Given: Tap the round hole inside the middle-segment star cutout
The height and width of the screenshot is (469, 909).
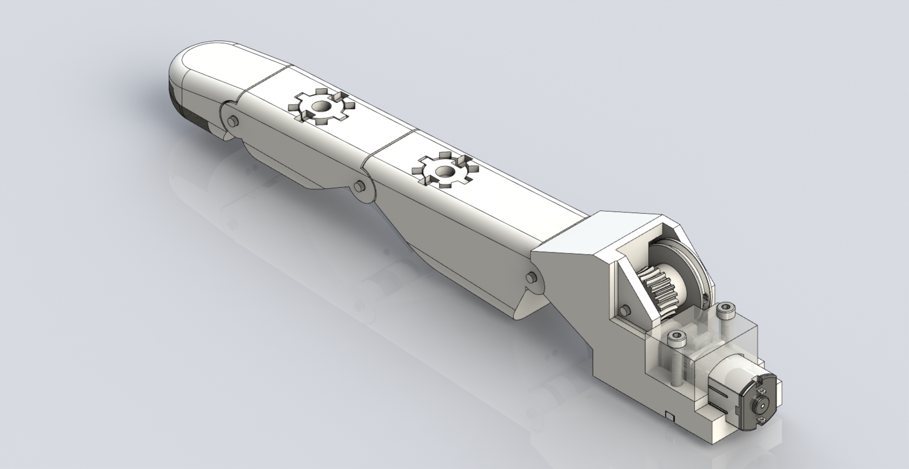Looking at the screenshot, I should [444, 171].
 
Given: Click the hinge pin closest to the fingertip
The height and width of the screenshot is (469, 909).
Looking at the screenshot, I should [232, 122].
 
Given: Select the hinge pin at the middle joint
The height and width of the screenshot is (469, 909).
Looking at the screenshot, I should [357, 187].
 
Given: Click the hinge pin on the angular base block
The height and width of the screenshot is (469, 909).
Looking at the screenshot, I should [530, 278].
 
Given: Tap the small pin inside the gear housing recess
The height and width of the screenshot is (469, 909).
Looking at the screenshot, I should [626, 310].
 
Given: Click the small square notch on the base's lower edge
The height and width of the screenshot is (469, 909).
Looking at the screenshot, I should [670, 416].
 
